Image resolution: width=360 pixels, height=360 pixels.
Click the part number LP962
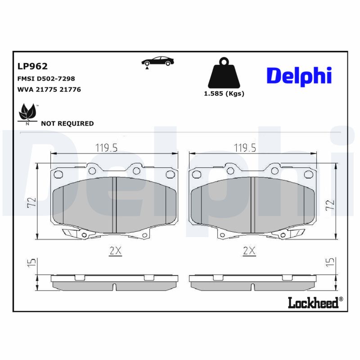[x=32, y=67]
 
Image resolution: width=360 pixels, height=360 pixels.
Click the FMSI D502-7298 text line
[x=46, y=79]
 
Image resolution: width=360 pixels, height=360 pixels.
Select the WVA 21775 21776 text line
[x=49, y=90]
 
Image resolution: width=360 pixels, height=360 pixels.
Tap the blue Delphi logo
[x=299, y=75]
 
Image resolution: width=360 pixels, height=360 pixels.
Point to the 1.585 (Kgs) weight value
[x=224, y=94]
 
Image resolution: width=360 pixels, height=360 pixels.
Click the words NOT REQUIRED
[x=67, y=123]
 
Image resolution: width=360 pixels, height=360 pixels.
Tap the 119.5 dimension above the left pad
[x=107, y=147]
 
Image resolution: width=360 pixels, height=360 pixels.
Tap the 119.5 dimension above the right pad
[x=245, y=147]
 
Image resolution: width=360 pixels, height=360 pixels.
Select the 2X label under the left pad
[x=116, y=251]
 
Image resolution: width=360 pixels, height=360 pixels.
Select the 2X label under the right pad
[x=249, y=251]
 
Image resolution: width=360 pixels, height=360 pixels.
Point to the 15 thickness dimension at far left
[x=30, y=263]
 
